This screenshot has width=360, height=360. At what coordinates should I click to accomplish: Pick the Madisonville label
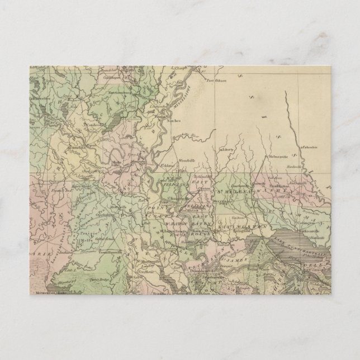tap(291, 225)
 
